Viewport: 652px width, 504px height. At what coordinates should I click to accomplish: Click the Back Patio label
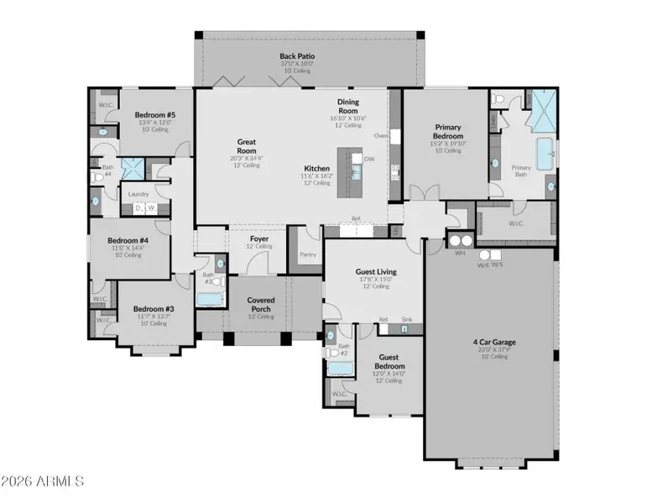pyautogui.click(x=296, y=57)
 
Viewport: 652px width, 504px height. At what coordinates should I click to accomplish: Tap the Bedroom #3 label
pyautogui.click(x=154, y=309)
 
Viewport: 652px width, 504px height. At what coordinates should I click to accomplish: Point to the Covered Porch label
pyautogui.click(x=261, y=304)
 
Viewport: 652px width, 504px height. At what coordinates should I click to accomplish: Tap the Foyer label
pyautogui.click(x=259, y=239)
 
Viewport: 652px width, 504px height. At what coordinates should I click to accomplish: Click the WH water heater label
pyautogui.click(x=459, y=254)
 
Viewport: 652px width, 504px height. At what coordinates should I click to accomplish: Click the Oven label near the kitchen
pyautogui.click(x=380, y=135)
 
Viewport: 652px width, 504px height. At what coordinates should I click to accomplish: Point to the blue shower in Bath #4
pyautogui.click(x=132, y=168)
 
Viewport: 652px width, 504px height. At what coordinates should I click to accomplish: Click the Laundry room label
pyautogui.click(x=138, y=194)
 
